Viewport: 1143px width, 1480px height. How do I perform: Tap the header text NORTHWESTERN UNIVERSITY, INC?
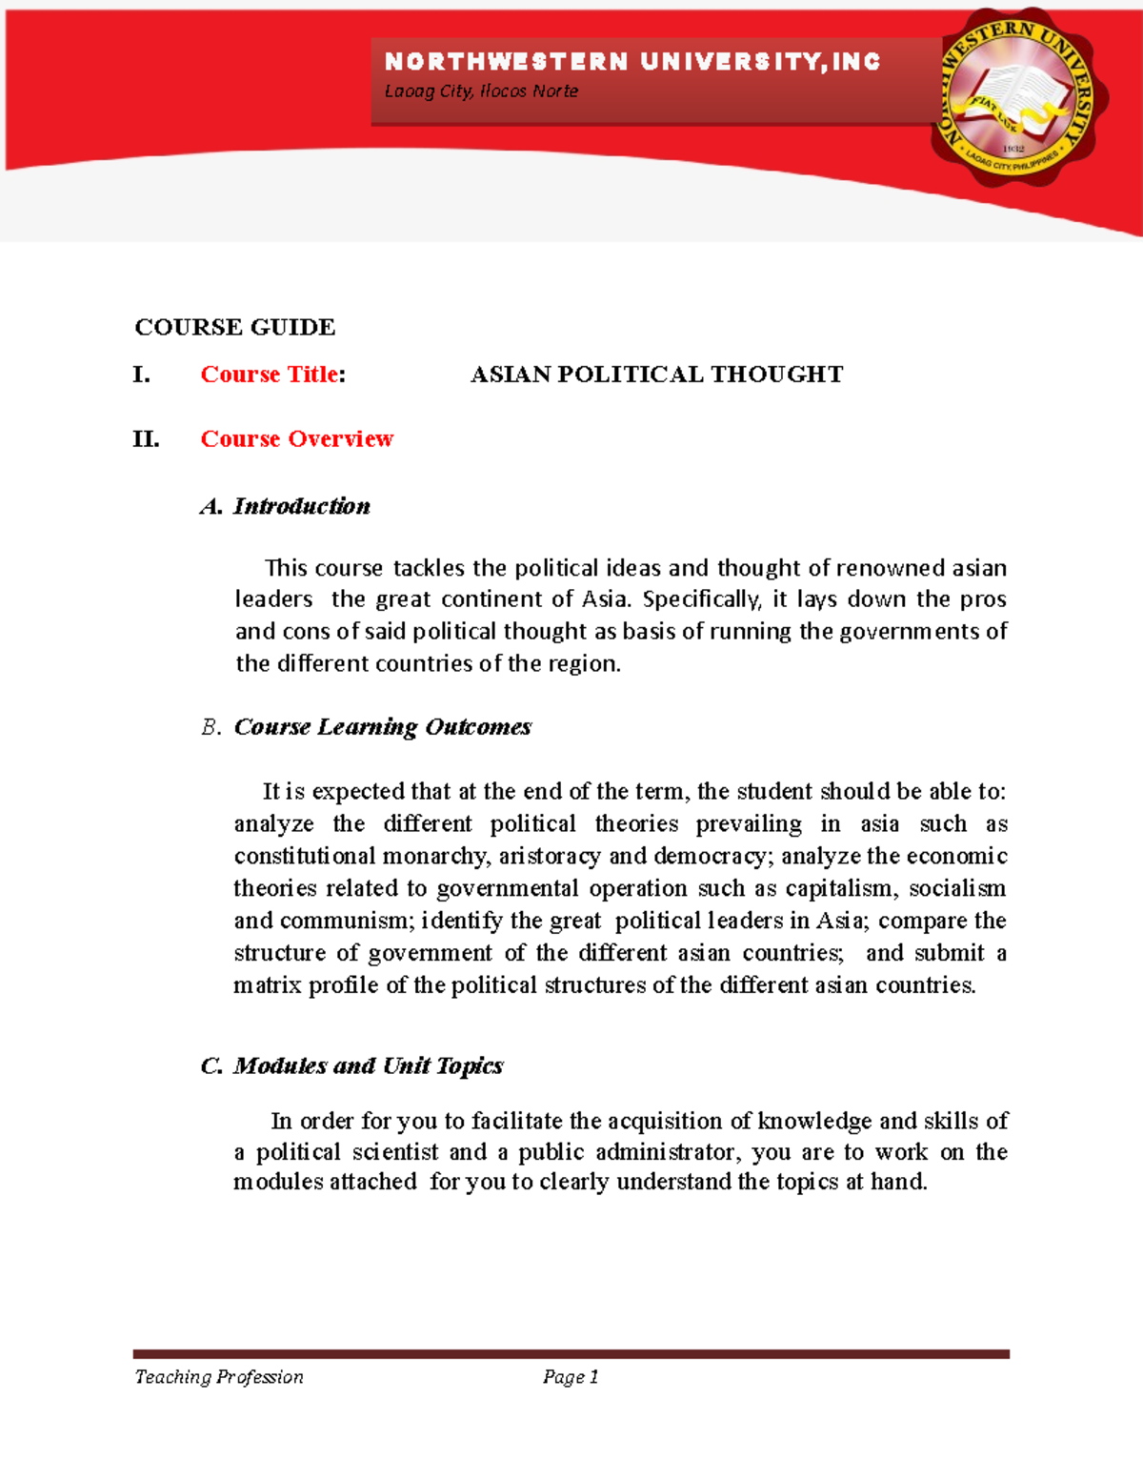(x=632, y=63)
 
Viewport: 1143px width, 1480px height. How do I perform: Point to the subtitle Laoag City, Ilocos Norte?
(x=481, y=91)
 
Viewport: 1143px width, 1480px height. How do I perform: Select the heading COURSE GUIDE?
(x=234, y=327)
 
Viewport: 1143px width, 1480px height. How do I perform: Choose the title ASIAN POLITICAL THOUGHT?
(x=656, y=375)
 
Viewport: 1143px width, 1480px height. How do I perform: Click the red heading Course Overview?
(x=296, y=439)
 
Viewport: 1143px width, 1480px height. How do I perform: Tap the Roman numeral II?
(x=146, y=439)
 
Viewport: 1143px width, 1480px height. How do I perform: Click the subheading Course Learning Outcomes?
(x=382, y=727)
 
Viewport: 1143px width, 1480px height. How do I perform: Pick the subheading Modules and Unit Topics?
(x=368, y=1065)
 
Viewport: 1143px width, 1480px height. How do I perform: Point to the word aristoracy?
(x=550, y=857)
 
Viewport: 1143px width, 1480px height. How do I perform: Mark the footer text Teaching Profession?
(x=219, y=1377)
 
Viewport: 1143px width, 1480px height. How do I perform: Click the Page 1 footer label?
(x=571, y=1377)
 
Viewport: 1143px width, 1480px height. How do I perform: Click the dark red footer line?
(x=571, y=1353)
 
